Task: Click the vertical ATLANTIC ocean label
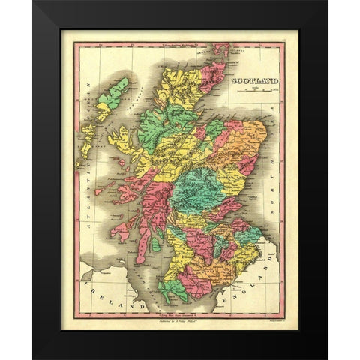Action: [x=88, y=199]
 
